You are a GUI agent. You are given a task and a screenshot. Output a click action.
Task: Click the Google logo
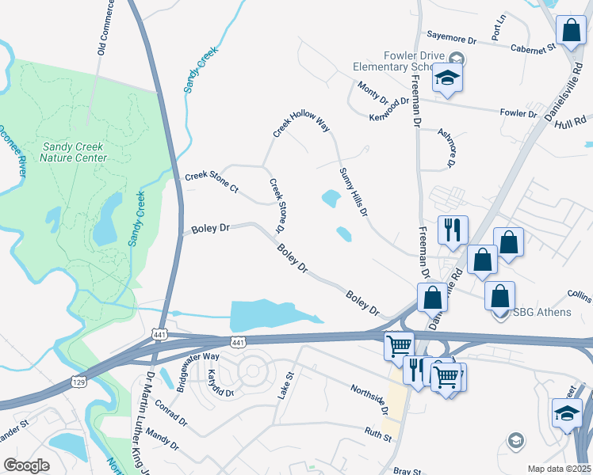(26, 465)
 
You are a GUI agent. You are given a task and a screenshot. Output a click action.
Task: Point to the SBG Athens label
(541, 312)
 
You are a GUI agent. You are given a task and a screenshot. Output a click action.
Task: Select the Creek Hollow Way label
(300, 124)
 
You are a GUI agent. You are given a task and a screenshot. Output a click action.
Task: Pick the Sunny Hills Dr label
(354, 193)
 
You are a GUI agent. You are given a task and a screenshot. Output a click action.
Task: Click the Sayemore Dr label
(450, 37)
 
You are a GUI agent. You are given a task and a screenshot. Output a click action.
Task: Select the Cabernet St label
(534, 47)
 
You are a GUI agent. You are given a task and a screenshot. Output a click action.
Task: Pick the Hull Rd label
(572, 121)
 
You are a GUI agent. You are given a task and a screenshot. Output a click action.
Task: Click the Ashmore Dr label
(449, 148)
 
